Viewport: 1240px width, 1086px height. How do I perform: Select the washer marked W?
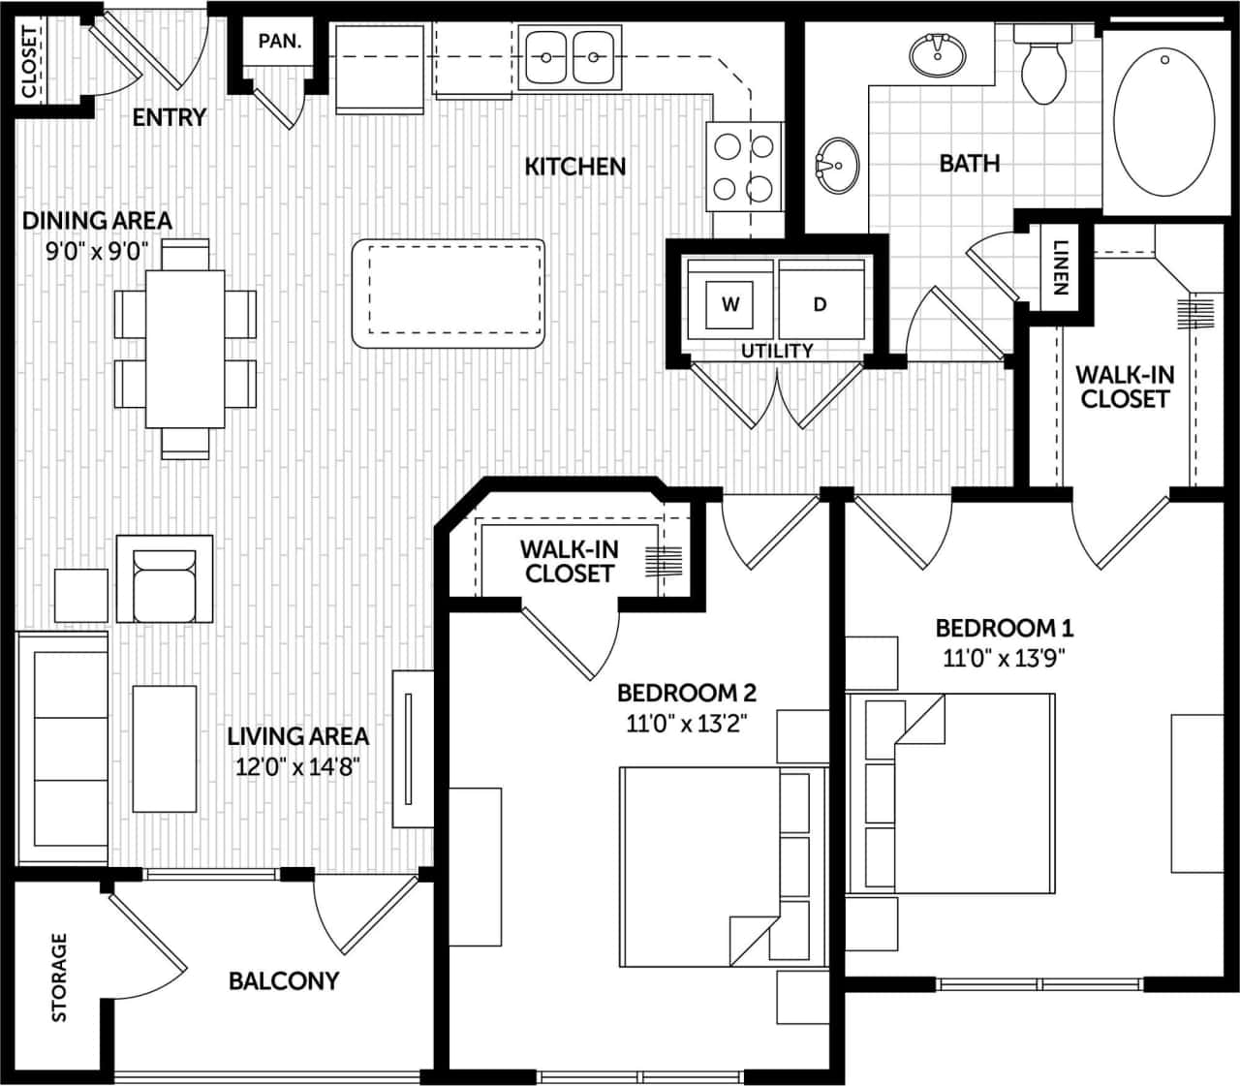coord(730,304)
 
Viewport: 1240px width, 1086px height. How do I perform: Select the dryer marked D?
coord(820,304)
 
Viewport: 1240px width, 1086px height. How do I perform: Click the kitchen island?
coord(449,294)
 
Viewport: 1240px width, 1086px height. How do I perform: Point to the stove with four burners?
coord(745,166)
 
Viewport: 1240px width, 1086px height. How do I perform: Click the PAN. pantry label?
coord(279,43)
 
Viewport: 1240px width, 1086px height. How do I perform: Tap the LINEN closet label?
coord(1060,267)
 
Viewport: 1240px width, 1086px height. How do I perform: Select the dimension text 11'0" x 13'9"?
coord(1004,659)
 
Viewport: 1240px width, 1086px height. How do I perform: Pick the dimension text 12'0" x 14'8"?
coord(297,768)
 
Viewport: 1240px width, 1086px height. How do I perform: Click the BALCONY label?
coord(284,980)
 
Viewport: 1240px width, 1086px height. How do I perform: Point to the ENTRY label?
coord(170,117)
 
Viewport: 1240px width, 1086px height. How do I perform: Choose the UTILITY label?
coord(777,351)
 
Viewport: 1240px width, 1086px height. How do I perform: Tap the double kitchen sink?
coord(570,57)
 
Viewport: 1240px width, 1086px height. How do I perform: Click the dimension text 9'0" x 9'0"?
coord(97,252)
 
